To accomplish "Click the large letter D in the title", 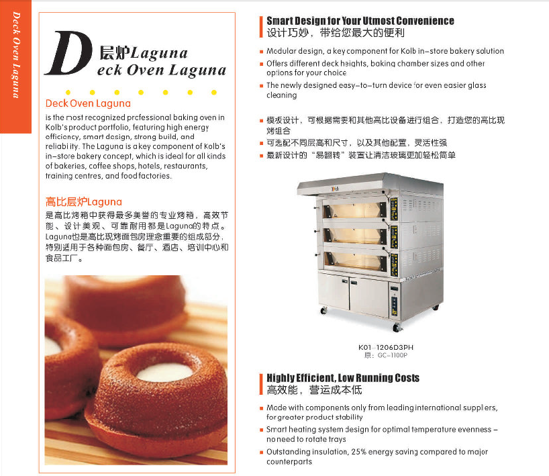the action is (68, 53).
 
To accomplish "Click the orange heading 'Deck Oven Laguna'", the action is (88, 103).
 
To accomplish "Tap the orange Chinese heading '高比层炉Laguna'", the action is (84, 202).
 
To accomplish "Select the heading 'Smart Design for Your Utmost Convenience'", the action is (360, 21).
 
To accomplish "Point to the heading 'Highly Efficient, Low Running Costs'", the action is (343, 377).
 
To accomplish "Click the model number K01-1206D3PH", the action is (386, 347).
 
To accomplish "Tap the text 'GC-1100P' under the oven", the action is (392, 355).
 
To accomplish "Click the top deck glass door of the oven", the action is (354, 210).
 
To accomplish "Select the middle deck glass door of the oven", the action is (354, 236).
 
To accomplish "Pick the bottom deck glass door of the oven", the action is (354, 260).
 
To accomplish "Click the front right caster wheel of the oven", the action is (397, 328).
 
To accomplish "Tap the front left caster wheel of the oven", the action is (324, 310).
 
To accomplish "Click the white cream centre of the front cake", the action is (164, 372).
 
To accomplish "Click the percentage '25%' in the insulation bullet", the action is (358, 451).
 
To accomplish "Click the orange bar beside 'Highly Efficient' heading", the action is (261, 384).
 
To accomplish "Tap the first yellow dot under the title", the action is (68, 93).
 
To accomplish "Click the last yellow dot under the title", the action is (214, 93).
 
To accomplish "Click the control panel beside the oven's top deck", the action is (394, 209).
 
